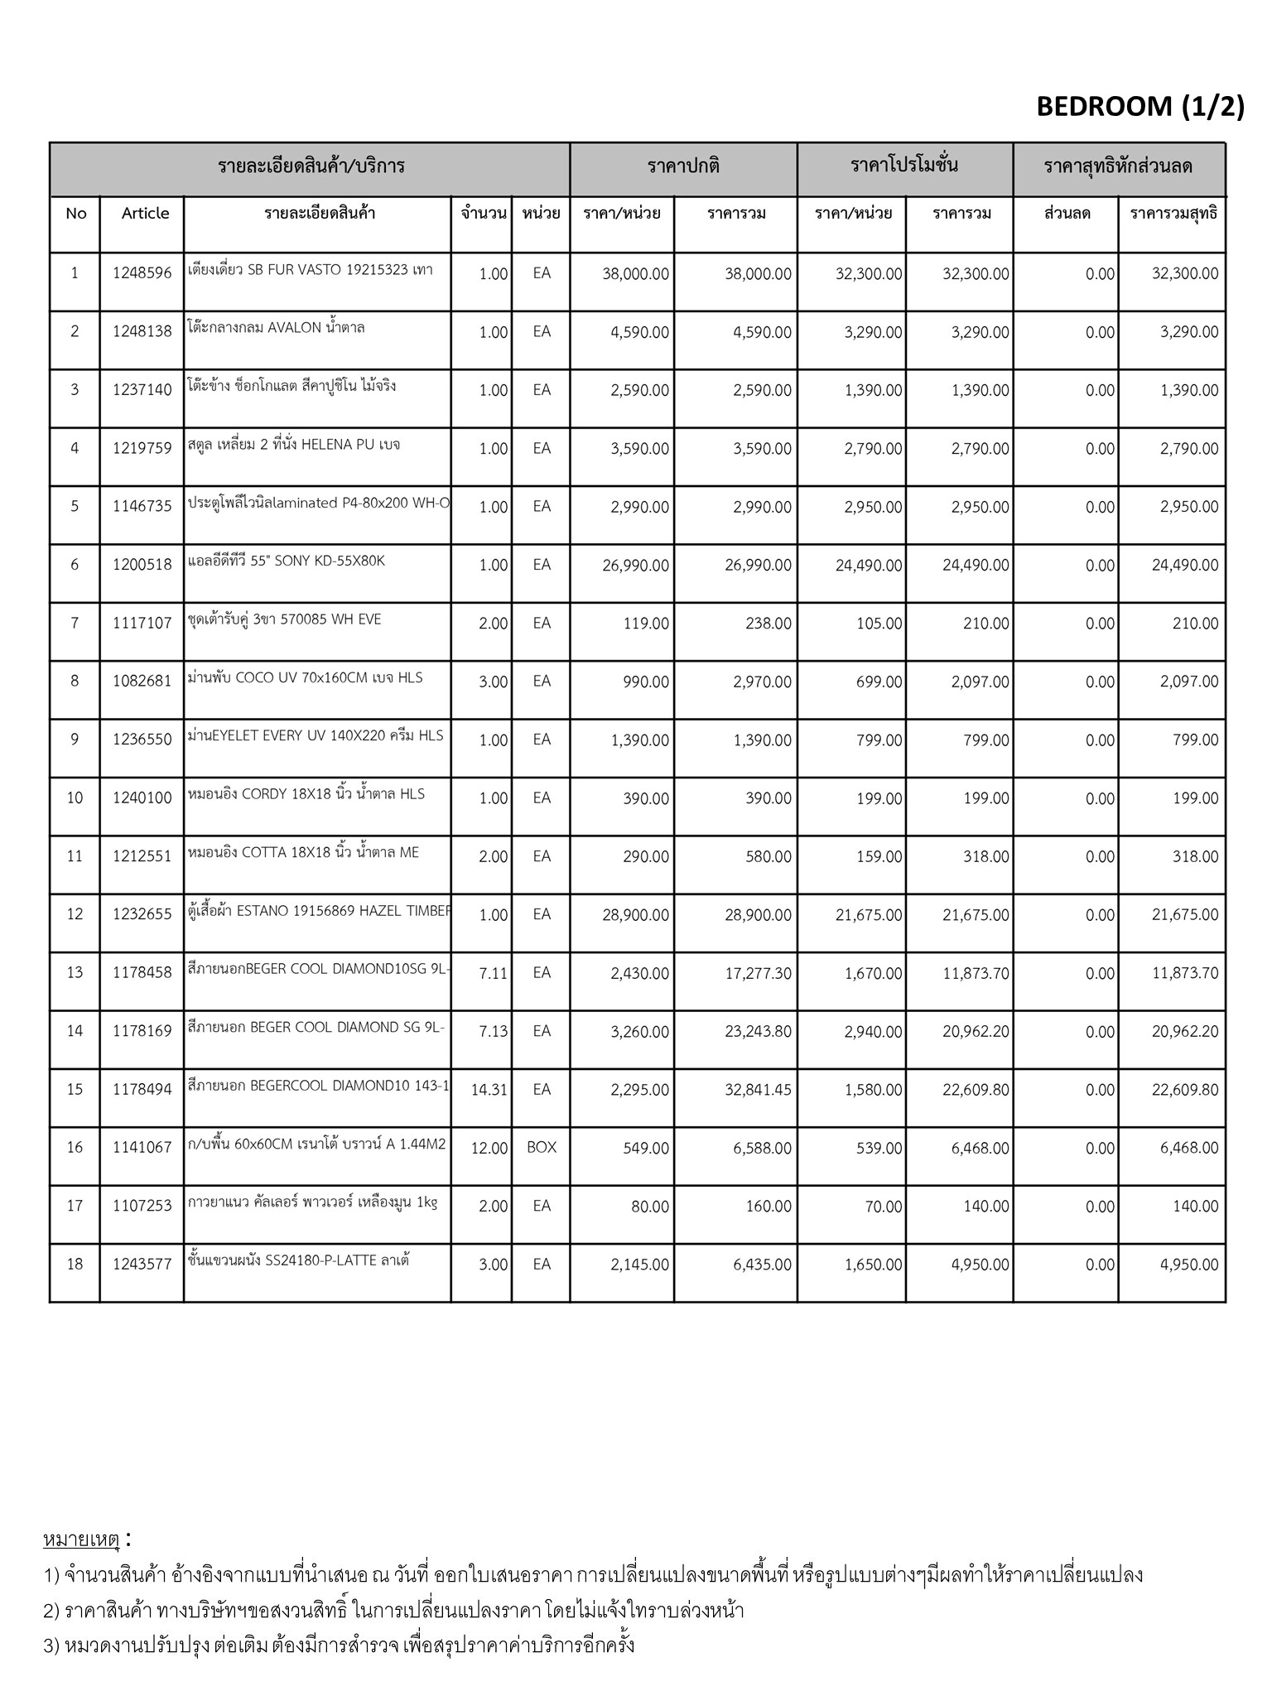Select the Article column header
145,214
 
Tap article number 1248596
142,273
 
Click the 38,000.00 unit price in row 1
635,273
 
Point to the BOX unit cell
542,1148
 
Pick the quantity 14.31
489,1090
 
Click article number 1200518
142,565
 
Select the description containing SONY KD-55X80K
287,561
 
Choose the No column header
75,214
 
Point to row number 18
75,1265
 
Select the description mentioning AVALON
277,328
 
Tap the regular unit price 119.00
646,624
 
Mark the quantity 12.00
489,1148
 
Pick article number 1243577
142,1265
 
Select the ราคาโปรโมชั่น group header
904,166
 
